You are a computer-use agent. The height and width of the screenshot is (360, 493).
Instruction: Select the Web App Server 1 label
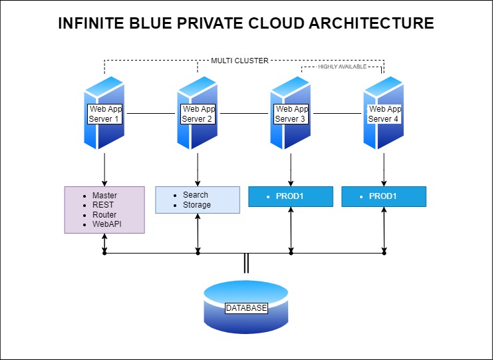[x=104, y=114]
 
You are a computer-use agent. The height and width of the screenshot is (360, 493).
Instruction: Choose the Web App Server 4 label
[x=385, y=114]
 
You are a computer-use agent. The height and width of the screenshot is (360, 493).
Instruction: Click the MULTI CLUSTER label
[x=240, y=61]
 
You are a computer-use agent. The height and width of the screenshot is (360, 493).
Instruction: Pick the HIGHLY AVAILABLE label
[x=342, y=67]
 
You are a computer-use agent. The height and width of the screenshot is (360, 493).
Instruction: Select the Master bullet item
[x=104, y=196]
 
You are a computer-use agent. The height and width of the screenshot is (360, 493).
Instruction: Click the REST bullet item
[x=103, y=206]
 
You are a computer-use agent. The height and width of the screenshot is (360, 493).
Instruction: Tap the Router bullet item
[x=104, y=215]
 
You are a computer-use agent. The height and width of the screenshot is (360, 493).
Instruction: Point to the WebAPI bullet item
[x=106, y=225]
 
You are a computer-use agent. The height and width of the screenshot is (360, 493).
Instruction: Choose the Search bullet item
[x=196, y=195]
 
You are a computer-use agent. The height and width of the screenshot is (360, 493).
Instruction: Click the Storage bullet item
[x=197, y=205]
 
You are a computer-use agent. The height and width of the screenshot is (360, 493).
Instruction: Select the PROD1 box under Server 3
[x=290, y=197]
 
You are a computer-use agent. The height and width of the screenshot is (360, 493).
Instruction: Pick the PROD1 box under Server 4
[x=383, y=197]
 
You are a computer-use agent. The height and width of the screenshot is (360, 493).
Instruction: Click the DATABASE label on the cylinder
[x=246, y=308]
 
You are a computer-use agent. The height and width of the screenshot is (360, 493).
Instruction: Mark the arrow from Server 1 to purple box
[x=104, y=168]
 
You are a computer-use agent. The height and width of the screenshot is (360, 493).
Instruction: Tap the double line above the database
[x=246, y=264]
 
